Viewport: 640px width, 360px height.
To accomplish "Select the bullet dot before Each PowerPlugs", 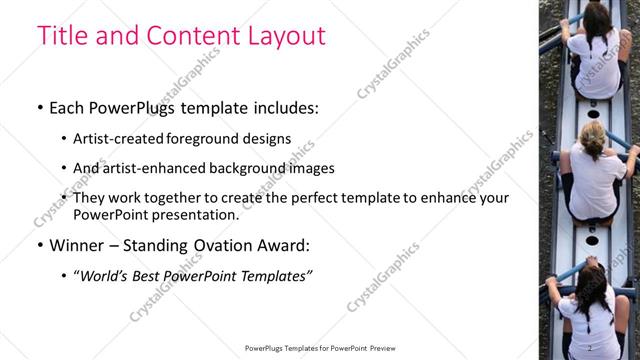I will [40, 107].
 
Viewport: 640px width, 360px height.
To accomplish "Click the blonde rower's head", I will [592, 137].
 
